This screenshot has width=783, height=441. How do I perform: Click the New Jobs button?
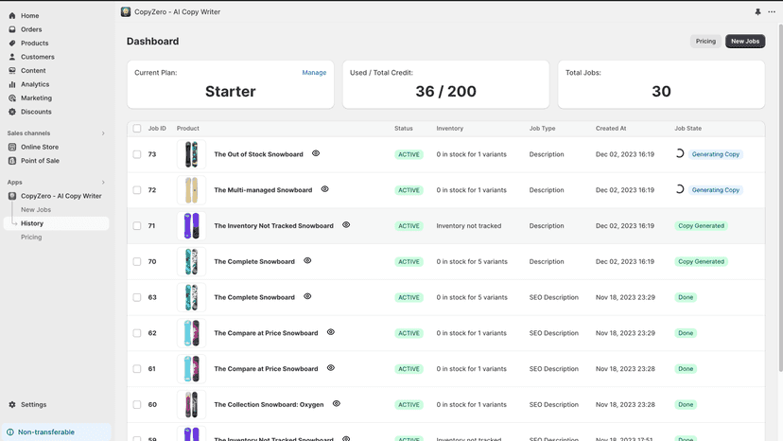(745, 41)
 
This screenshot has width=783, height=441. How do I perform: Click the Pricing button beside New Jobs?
(705, 41)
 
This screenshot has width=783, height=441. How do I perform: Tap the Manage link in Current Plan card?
(314, 73)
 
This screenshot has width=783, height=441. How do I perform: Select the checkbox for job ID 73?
(137, 154)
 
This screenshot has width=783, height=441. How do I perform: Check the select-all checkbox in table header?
(137, 129)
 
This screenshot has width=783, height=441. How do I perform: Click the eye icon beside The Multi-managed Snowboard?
(324, 189)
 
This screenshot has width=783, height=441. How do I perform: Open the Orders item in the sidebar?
(31, 29)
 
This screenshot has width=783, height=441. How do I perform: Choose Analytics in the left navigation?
(34, 84)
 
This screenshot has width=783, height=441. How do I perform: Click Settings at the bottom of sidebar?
(33, 404)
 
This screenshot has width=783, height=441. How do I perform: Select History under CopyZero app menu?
(32, 223)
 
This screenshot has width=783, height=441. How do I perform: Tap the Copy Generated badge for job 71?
(701, 226)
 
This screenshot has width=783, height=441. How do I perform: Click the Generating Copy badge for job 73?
(715, 154)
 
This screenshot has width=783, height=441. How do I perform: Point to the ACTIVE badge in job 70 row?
(409, 261)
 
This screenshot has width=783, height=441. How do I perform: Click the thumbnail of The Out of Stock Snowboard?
(191, 154)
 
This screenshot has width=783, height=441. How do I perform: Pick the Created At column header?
(611, 129)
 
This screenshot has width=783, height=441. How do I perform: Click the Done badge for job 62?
(686, 333)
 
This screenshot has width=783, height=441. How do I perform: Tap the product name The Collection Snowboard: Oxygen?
(269, 404)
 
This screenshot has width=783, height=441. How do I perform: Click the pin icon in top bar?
(757, 12)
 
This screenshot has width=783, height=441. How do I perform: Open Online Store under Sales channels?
(40, 147)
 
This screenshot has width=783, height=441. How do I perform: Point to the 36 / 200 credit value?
(446, 92)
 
